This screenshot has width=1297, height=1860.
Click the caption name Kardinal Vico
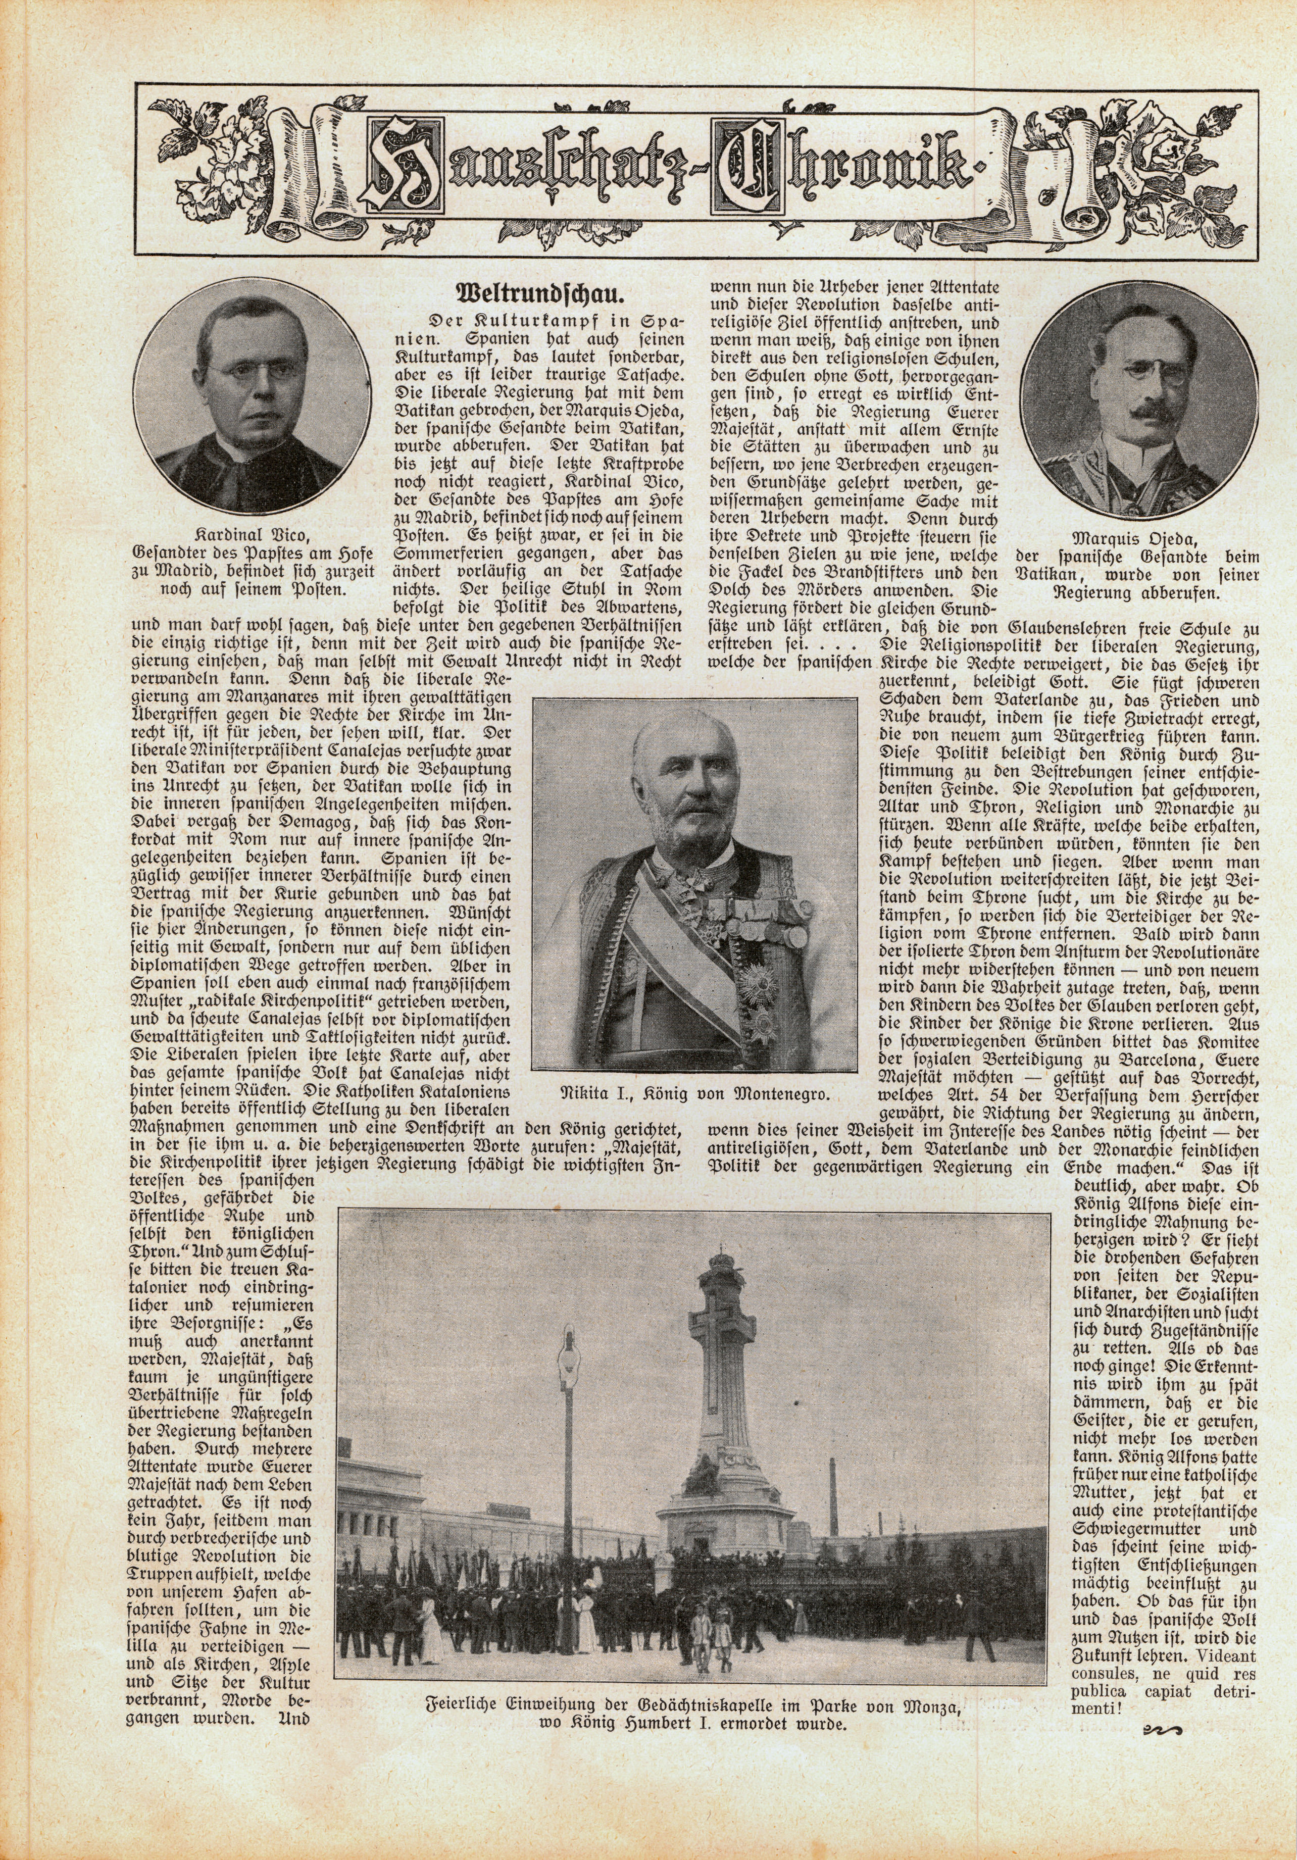coord(253,535)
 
